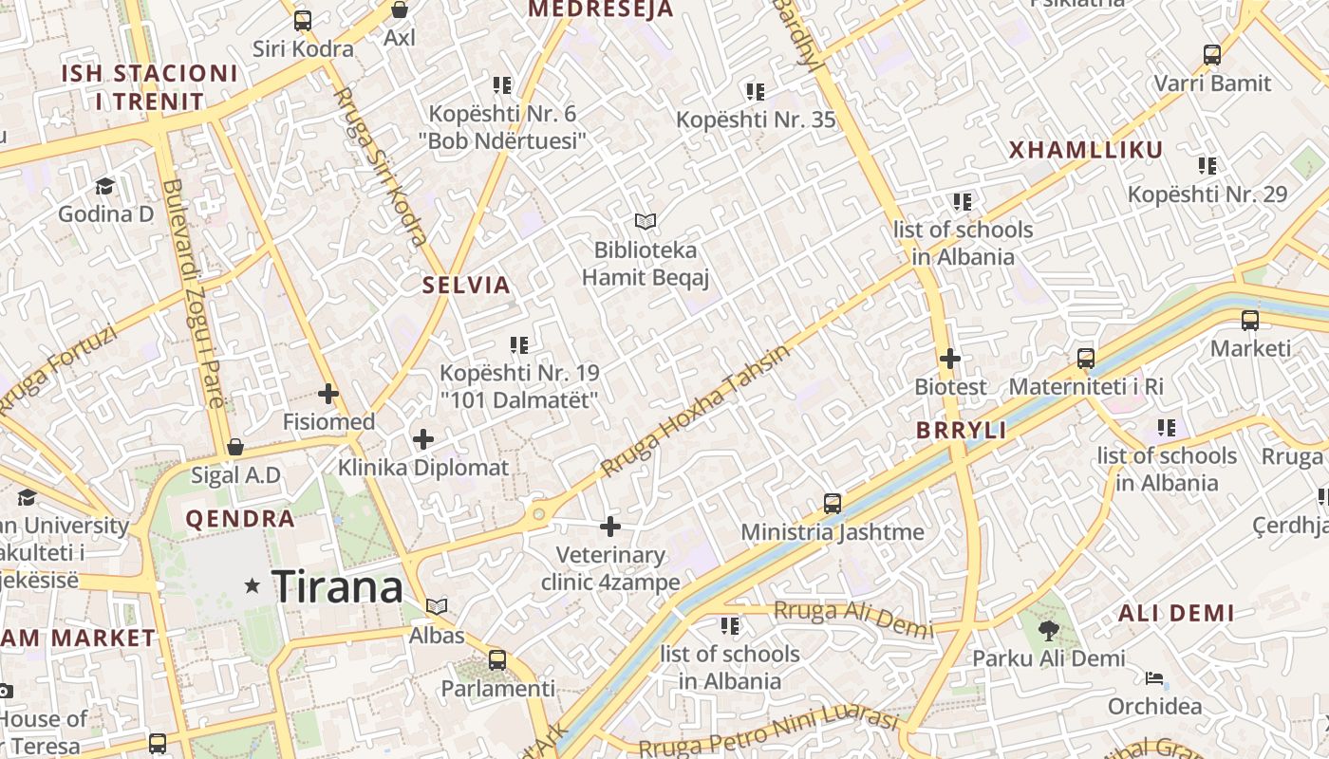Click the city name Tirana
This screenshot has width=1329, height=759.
pyautogui.click(x=338, y=587)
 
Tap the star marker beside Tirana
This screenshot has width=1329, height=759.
pyautogui.click(x=253, y=586)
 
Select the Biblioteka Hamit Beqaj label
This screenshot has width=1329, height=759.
pyautogui.click(x=646, y=264)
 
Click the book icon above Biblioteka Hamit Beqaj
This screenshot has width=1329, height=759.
pyautogui.click(x=646, y=222)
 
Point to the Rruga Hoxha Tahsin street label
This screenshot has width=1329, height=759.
pyautogui.click(x=695, y=411)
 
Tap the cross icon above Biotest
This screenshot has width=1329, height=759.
pyautogui.click(x=949, y=359)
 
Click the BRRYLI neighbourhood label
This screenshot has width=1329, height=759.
pyautogui.click(x=961, y=430)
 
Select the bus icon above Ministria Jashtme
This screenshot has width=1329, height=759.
pyautogui.click(x=833, y=503)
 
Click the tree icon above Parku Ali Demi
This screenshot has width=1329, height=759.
pyautogui.click(x=1049, y=630)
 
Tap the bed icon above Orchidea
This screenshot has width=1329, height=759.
pyautogui.click(x=1154, y=678)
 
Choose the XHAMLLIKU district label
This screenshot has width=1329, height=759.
pyautogui.click(x=1085, y=150)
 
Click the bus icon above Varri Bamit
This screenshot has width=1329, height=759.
pyautogui.click(x=1212, y=55)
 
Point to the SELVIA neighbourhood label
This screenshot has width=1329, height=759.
pyautogui.click(x=466, y=285)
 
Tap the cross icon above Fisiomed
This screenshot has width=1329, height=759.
pyautogui.click(x=328, y=393)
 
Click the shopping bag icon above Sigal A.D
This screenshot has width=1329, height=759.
pyautogui.click(x=235, y=447)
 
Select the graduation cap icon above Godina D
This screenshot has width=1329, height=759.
pyautogui.click(x=104, y=186)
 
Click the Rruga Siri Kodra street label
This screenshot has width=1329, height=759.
pyautogui.click(x=380, y=166)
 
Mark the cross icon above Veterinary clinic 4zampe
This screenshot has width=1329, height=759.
pyautogui.click(x=610, y=526)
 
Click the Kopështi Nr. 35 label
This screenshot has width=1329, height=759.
pyautogui.click(x=756, y=120)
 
